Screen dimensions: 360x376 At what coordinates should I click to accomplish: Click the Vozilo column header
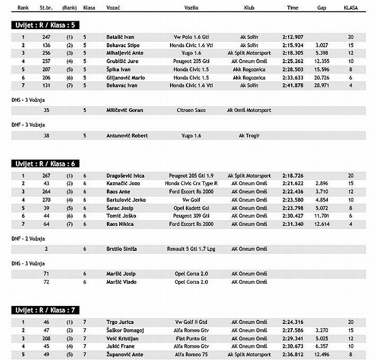(192, 8)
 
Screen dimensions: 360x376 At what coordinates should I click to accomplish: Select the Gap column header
(321, 8)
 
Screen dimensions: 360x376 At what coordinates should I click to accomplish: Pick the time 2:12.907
(293, 37)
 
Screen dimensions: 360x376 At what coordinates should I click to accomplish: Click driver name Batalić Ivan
(120, 37)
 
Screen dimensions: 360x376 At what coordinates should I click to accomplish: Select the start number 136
(47, 45)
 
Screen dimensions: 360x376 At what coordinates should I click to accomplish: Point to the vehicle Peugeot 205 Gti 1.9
(192, 175)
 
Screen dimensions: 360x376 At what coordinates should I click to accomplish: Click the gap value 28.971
(321, 85)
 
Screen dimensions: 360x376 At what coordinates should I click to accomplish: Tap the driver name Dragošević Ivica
(126, 175)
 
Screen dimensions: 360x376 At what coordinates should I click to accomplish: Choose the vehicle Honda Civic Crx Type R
(192, 183)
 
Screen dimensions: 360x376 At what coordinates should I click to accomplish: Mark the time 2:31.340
(293, 224)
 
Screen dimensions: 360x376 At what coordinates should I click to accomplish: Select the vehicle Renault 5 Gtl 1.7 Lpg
(192, 249)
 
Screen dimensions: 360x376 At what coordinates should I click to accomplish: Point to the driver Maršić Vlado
(121, 282)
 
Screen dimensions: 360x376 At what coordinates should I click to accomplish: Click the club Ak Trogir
(249, 136)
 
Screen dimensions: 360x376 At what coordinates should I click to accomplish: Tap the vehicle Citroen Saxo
(192, 110)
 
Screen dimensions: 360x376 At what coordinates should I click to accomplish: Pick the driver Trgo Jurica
(120, 322)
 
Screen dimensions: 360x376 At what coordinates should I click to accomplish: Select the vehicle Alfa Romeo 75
(192, 354)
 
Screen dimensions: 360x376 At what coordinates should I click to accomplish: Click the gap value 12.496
(321, 354)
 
